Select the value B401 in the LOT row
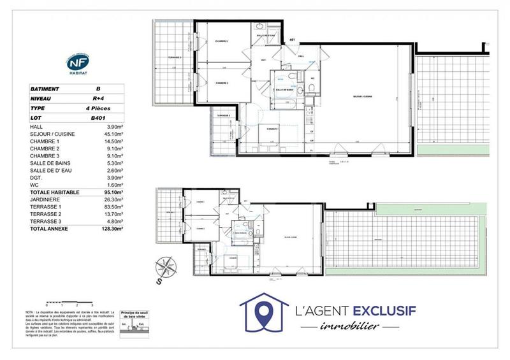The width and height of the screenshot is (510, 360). tap(98, 119)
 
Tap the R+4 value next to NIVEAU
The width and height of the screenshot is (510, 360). tap(98, 99)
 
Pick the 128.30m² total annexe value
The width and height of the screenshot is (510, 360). tap(114, 227)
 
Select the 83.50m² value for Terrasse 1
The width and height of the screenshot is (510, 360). tap(115, 206)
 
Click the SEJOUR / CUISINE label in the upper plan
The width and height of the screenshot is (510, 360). tap(363, 97)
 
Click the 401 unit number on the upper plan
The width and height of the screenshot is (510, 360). tap(293, 40)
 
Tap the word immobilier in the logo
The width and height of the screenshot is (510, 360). tap(349, 327)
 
